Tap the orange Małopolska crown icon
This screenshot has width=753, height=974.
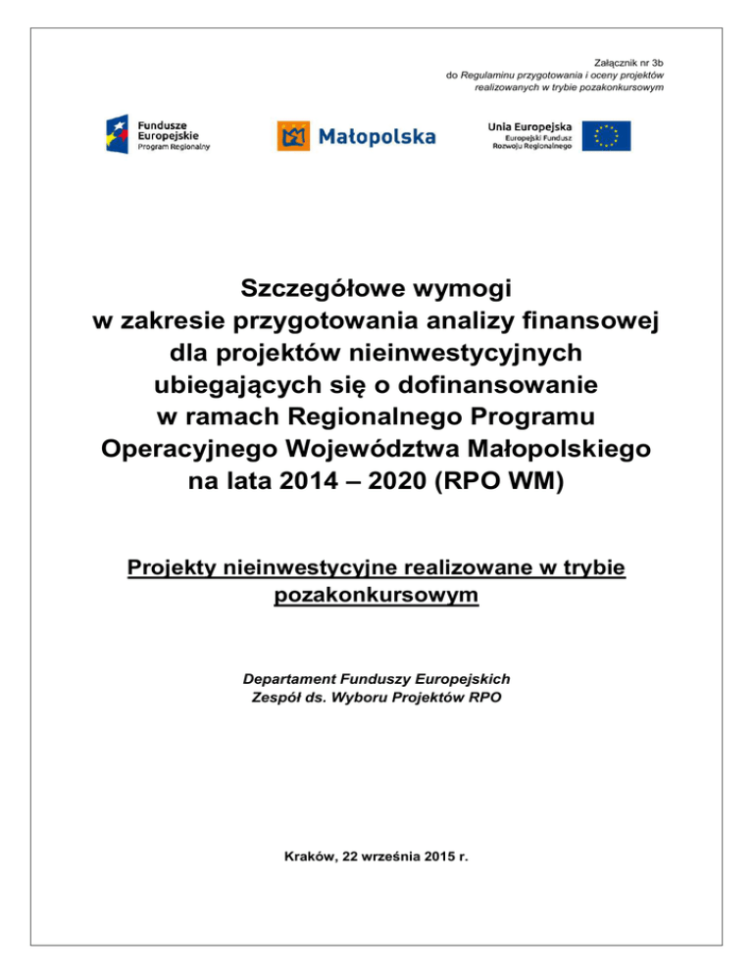click(293, 135)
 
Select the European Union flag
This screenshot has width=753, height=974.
click(606, 135)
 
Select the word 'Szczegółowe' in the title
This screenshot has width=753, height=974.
click(320, 289)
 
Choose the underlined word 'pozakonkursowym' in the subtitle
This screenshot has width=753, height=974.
click(376, 595)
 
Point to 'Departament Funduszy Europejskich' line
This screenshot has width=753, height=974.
click(376, 678)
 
